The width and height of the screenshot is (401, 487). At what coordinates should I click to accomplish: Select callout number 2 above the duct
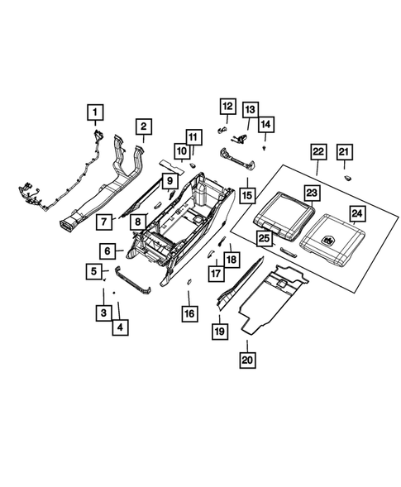coord(143,127)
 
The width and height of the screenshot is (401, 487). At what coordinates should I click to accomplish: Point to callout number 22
coord(317,152)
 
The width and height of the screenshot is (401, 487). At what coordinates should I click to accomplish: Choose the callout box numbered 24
coord(356,215)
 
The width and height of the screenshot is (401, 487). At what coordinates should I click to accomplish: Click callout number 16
coord(189,314)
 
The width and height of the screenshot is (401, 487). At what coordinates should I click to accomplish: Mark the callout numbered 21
coord(343,151)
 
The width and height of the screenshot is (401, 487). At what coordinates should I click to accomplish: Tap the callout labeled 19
coord(220,331)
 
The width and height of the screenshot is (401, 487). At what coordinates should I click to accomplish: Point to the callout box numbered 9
coord(169,179)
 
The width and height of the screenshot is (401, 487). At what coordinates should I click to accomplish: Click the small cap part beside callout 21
coord(349,178)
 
